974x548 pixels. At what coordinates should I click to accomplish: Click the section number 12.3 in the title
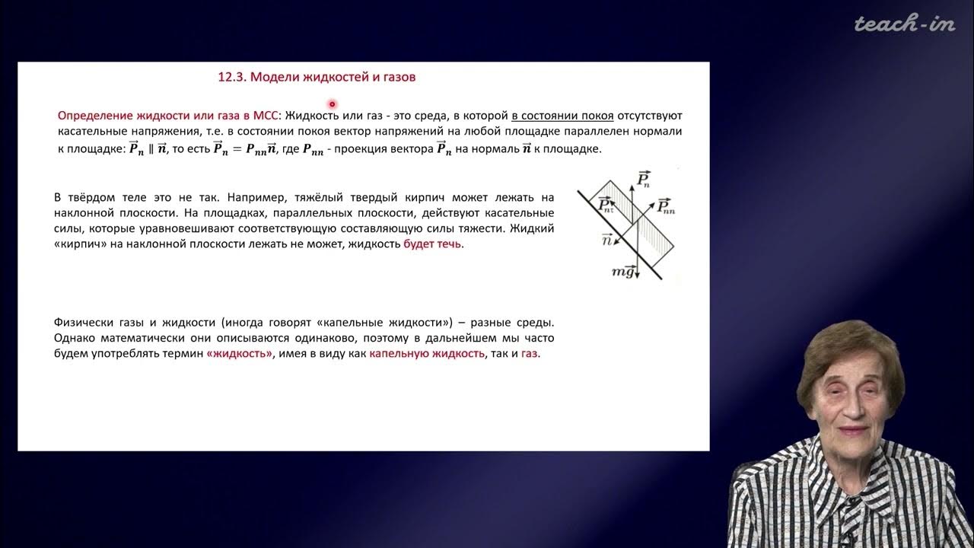[x=231, y=77]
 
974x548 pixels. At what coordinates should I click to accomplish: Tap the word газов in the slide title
[x=399, y=77]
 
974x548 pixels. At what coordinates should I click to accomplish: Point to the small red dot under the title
[x=332, y=104]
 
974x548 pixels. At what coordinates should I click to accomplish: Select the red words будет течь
[x=431, y=245]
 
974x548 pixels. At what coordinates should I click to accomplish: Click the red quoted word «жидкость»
[x=239, y=355]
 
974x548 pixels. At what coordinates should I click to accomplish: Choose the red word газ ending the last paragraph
[x=530, y=355]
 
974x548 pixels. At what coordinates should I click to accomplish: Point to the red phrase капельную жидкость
[x=427, y=355]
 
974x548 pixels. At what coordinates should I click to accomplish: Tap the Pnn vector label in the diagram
[x=666, y=205]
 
